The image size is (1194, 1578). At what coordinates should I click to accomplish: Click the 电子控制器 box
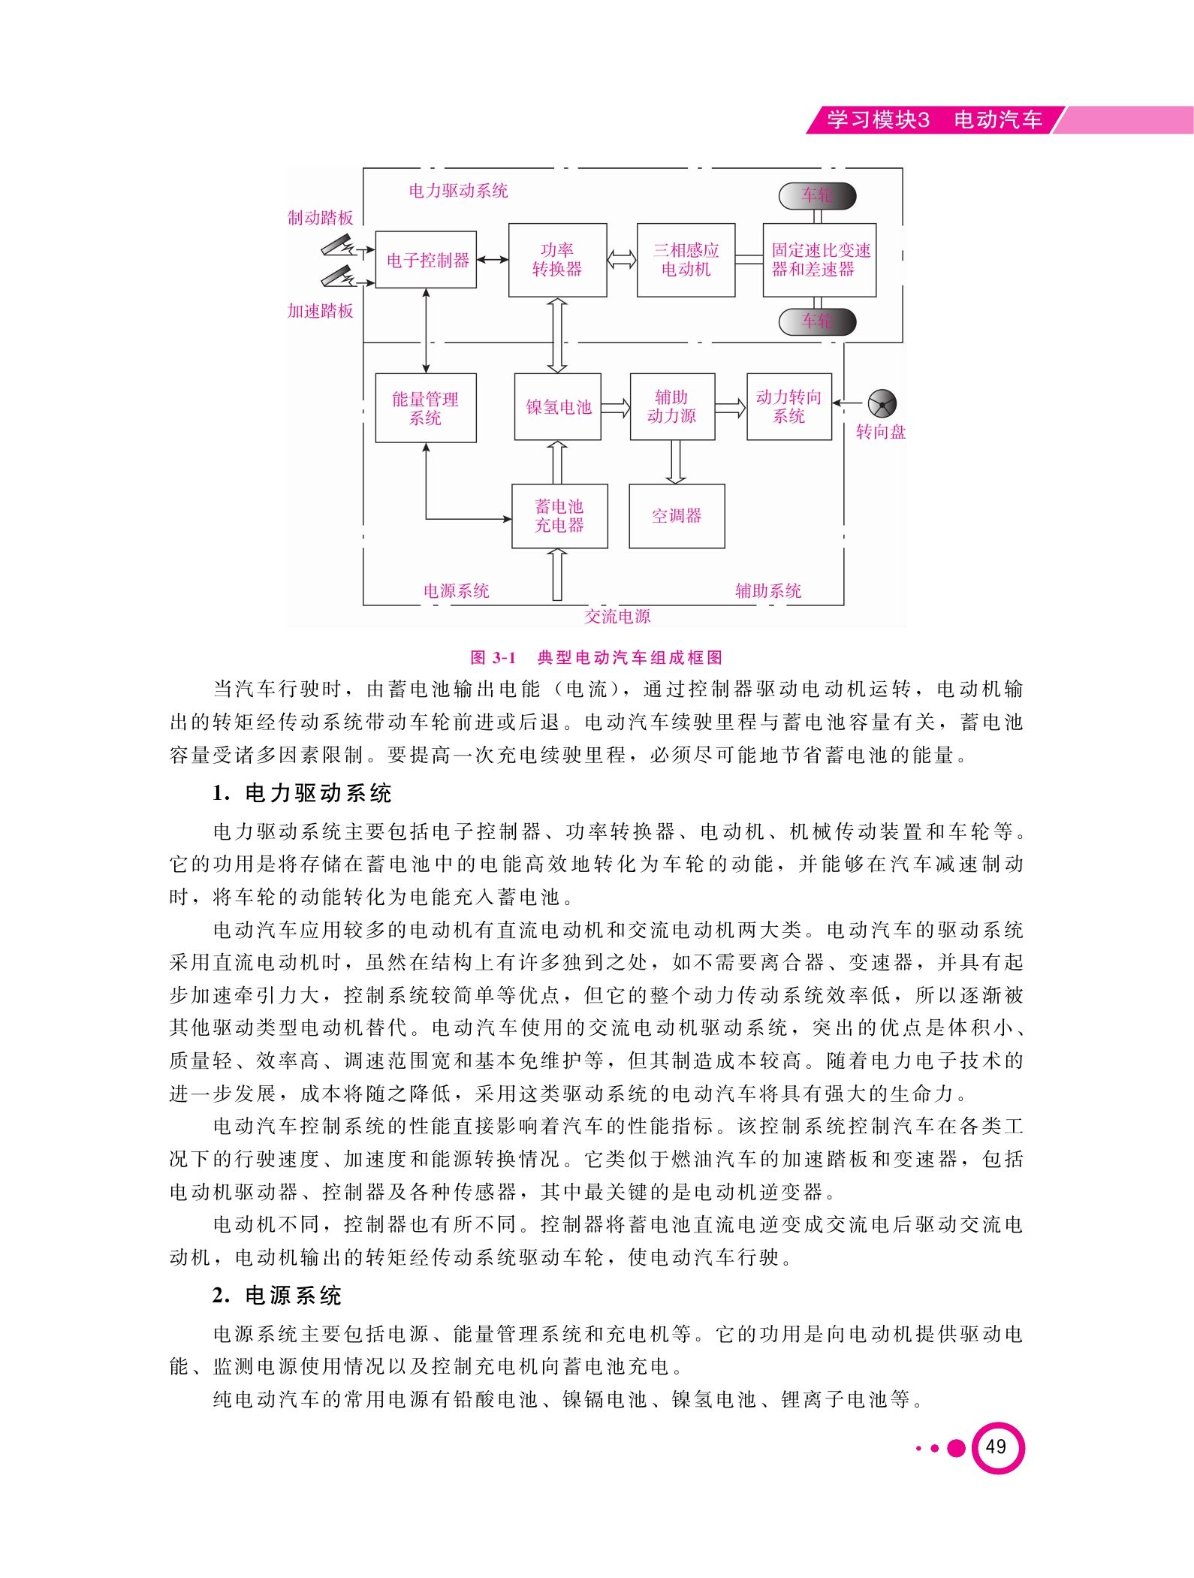point(426,260)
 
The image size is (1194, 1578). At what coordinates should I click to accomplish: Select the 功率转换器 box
point(557,260)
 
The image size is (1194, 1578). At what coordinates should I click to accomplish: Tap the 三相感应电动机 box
point(686,260)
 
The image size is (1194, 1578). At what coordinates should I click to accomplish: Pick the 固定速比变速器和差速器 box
point(819,260)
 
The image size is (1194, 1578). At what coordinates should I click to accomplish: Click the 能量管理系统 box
point(426,408)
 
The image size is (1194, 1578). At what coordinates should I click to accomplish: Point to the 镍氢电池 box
point(558,406)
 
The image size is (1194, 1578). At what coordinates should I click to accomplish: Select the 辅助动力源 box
point(672,406)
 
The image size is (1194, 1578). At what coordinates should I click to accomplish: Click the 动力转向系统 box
point(789,406)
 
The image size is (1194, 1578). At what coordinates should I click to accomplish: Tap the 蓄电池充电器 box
point(559,516)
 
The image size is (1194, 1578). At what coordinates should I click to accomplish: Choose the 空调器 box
point(677,516)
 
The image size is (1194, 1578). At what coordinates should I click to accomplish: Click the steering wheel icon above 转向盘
point(882,403)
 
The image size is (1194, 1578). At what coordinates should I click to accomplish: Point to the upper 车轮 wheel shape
point(817,196)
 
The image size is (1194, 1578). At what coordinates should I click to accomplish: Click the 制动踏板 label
point(321,218)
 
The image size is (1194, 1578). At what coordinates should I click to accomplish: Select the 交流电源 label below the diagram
point(617,617)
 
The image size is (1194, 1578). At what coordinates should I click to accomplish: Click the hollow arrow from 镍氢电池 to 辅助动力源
point(616,408)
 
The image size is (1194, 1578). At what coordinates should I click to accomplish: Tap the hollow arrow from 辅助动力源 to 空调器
point(676,462)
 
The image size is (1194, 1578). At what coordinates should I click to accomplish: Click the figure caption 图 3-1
point(493,658)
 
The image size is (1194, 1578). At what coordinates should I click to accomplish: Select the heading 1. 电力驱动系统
point(302,793)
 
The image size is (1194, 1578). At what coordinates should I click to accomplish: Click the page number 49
point(996,1447)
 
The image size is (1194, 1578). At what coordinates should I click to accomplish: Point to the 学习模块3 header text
point(878,120)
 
